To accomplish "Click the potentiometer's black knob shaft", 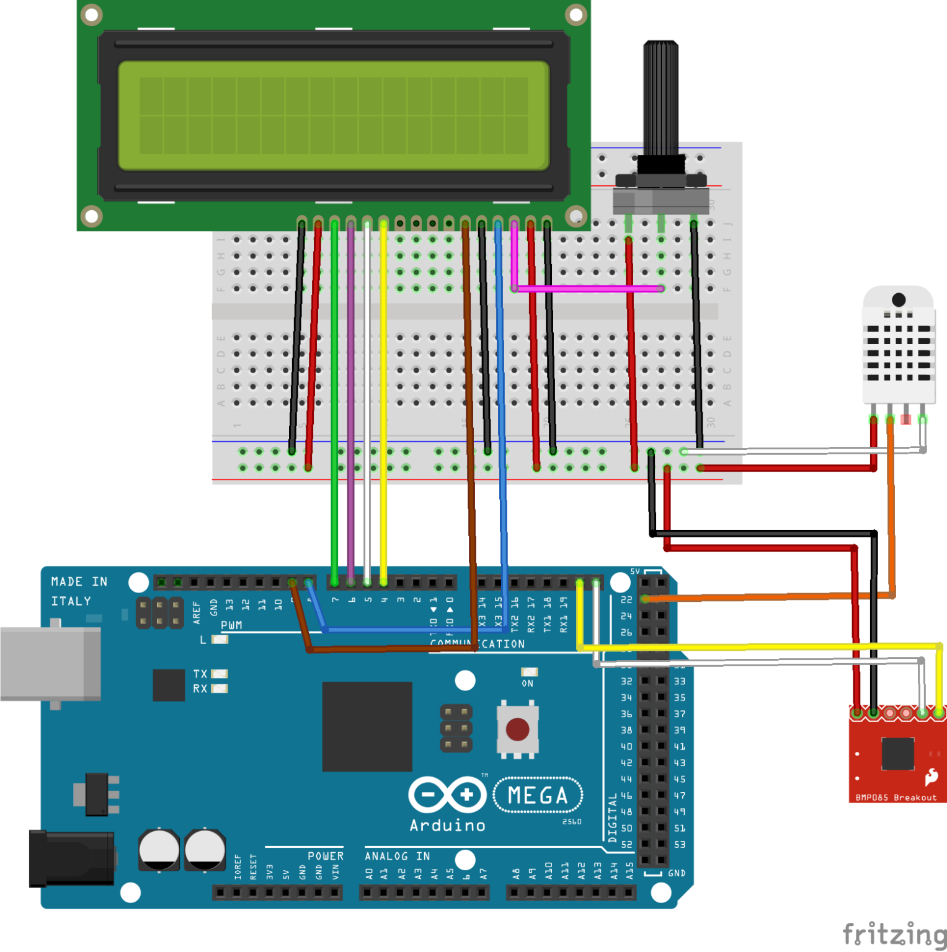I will (x=661, y=99).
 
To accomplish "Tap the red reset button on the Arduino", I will (x=517, y=729).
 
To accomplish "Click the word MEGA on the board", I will (x=538, y=795).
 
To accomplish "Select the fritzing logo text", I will (x=894, y=933).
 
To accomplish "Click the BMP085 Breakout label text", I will (x=896, y=798).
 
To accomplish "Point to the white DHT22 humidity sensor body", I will (x=899, y=347).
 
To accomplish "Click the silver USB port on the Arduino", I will (x=50, y=663).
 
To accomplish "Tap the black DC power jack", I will (x=71, y=858).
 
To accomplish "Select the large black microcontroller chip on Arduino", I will (x=367, y=726).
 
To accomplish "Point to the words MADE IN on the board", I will (x=79, y=581).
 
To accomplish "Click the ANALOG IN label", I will (x=397, y=856).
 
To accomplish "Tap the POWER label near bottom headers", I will (x=325, y=856).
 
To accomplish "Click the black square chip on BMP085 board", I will (x=897, y=753).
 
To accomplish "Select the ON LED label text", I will (x=527, y=684).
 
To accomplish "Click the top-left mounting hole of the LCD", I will (x=92, y=14).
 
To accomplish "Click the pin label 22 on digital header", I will (x=626, y=599).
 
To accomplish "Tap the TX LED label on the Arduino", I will (x=200, y=674).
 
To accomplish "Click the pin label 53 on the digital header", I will (x=680, y=844).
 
